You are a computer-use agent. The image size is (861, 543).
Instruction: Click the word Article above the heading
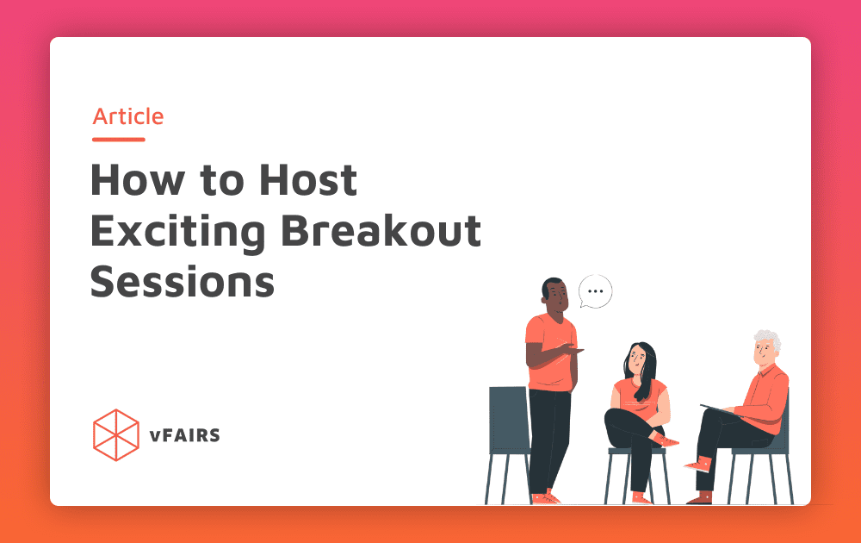tap(128, 116)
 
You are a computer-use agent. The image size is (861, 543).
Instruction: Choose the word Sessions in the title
tap(183, 282)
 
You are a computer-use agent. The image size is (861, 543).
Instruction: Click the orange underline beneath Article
tap(119, 139)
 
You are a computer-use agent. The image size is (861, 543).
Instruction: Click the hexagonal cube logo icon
tap(115, 434)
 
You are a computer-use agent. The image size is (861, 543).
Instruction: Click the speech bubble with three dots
tap(595, 291)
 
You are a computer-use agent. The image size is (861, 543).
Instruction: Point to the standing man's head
tap(554, 295)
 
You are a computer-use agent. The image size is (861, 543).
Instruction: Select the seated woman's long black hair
tap(644, 366)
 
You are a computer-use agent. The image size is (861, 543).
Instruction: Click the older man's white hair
tap(768, 339)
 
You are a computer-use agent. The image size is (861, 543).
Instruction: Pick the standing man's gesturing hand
tap(575, 349)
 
